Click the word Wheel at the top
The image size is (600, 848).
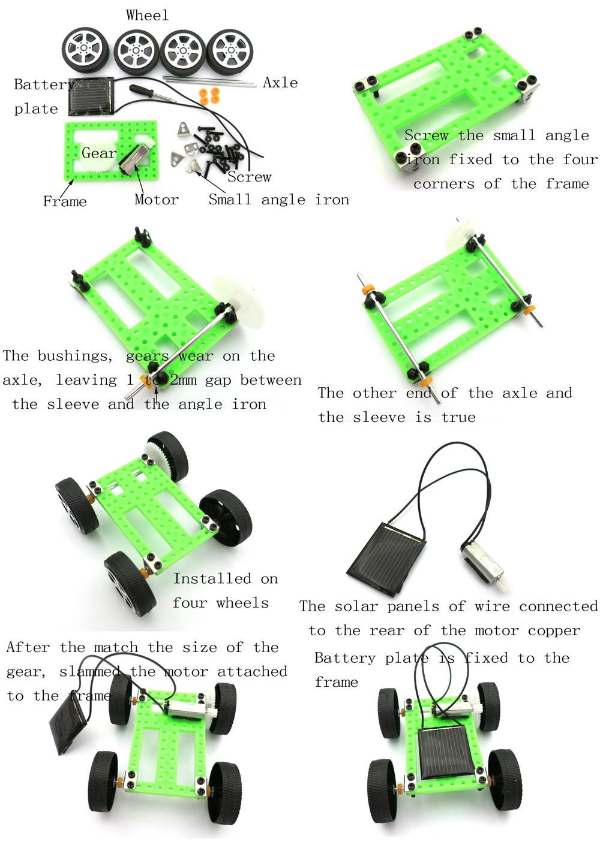147,16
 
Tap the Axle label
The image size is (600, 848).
280,83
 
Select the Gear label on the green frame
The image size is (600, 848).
99,153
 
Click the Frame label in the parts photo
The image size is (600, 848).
65,201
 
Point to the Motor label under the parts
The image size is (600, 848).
157,200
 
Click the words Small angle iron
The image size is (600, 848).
278,200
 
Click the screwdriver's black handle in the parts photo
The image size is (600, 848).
140,90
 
